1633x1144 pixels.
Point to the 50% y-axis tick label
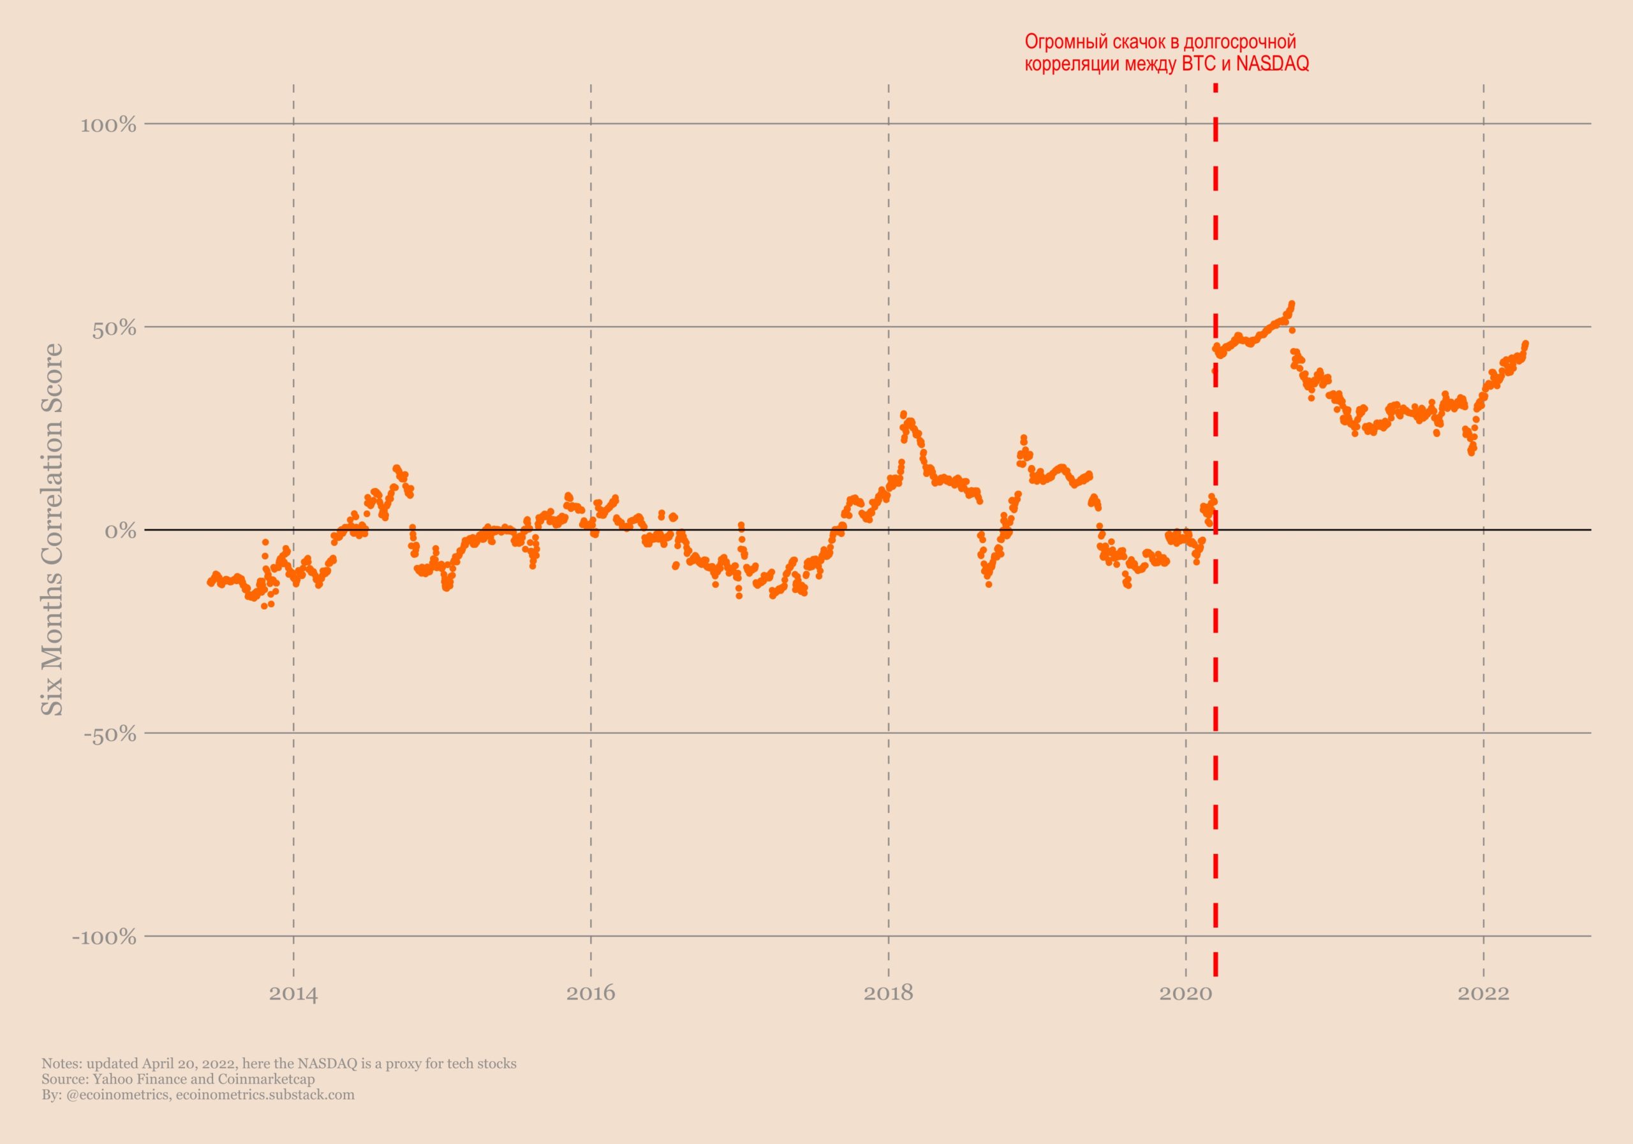114,328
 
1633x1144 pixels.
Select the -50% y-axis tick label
110,735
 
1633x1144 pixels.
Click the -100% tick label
104,937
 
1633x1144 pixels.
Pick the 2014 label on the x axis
293,994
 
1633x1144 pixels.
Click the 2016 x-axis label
590,994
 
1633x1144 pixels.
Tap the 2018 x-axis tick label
887,994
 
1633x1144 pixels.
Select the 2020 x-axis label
1185,994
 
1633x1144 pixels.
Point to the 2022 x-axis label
1483,994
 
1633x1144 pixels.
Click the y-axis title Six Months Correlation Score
53,530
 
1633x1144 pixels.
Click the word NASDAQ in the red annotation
1273,64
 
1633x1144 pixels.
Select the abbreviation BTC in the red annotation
1199,64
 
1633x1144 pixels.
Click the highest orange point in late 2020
1292,304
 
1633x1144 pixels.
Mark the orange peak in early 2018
903,414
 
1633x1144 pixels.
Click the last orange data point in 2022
1526,344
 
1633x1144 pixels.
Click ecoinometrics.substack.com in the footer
265,1094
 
